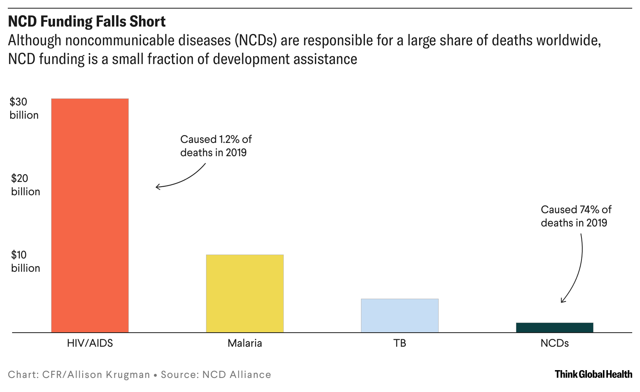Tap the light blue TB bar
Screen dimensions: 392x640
[400, 315]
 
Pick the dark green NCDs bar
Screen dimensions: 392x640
[555, 328]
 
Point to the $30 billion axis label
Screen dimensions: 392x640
[24, 109]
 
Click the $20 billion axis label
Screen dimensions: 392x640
[25, 185]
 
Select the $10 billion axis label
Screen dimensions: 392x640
[25, 262]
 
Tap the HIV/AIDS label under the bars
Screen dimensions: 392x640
[90, 343]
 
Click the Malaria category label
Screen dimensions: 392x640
[245, 343]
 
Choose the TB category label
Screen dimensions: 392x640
[400, 343]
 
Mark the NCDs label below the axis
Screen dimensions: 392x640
[555, 343]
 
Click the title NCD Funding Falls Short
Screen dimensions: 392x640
[87, 21]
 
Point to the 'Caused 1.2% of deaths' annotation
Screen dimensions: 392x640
[216, 146]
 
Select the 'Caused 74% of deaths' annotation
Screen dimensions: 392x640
[576, 216]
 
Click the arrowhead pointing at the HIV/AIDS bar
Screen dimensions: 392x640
[157, 187]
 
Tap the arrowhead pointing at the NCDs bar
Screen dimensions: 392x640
[562, 301]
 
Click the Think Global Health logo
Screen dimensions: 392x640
[593, 374]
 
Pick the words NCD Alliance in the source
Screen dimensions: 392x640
[237, 375]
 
